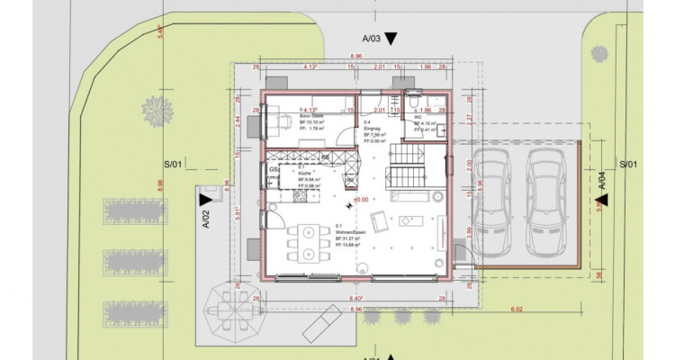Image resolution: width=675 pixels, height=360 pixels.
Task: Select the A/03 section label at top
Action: (x=372, y=39)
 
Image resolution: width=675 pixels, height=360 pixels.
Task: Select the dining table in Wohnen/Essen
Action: (x=308, y=239)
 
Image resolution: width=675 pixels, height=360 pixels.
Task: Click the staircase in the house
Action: (x=405, y=167)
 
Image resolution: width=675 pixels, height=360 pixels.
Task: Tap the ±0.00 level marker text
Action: (x=362, y=198)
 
